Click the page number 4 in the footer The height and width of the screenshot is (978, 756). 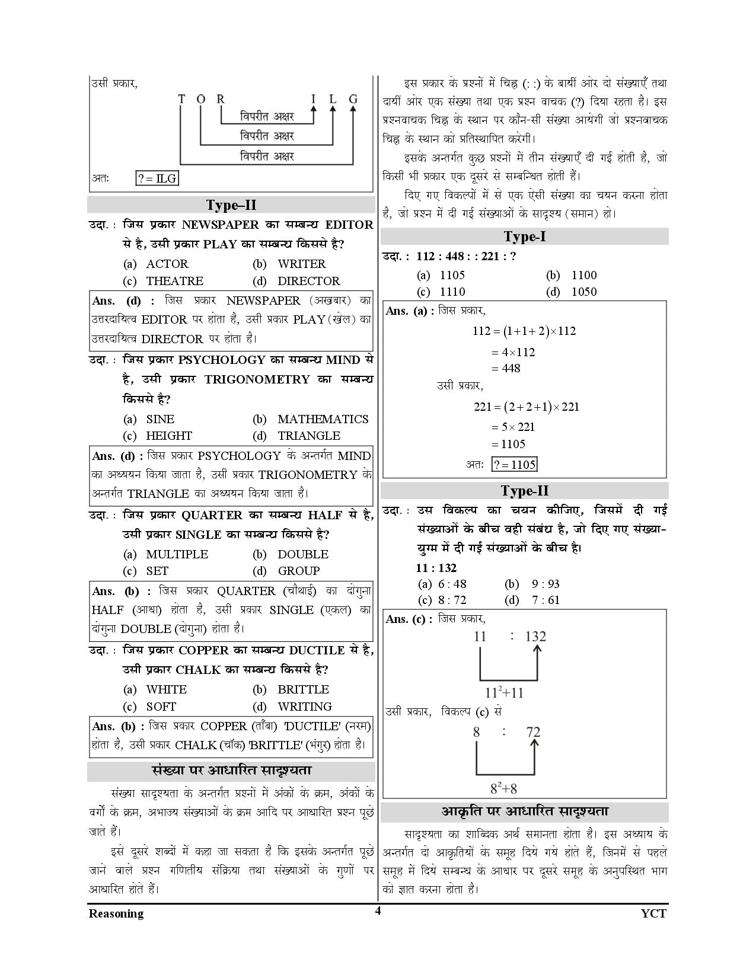pyautogui.click(x=377, y=911)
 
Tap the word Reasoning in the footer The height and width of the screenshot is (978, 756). pyautogui.click(x=116, y=913)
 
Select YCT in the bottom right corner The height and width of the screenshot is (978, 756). pyautogui.click(x=653, y=913)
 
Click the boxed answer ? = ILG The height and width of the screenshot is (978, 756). pyautogui.click(x=157, y=178)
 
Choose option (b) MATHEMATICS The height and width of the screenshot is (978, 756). pyautogui.click(x=311, y=419)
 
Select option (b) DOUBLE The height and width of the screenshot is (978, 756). pyautogui.click(x=291, y=554)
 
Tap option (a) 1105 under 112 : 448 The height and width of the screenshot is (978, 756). pyautogui.click(x=442, y=275)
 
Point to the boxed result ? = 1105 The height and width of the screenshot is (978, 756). pyautogui.click(x=515, y=465)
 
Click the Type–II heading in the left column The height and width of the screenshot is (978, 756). pyautogui.click(x=231, y=205)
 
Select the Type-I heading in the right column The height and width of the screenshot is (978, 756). pyautogui.click(x=525, y=236)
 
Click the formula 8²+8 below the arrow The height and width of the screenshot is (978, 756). pyautogui.click(x=504, y=789)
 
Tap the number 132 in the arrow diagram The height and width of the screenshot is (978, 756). pyautogui.click(x=535, y=637)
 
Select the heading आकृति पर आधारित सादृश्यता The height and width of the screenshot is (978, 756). pyautogui.click(x=525, y=811)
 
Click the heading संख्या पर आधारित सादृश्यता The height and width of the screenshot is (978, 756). pyautogui.click(x=231, y=771)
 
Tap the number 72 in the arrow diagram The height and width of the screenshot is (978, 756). pyautogui.click(x=534, y=731)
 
